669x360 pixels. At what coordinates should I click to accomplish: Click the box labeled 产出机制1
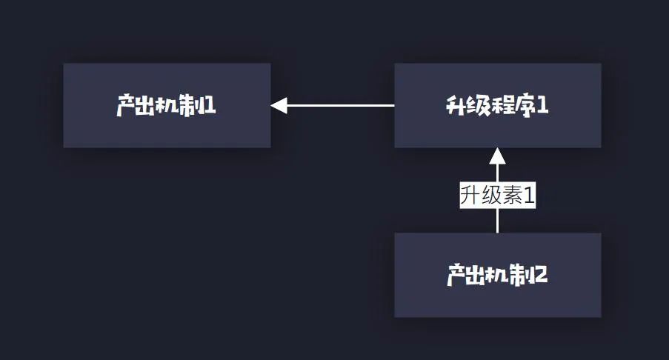[167, 105]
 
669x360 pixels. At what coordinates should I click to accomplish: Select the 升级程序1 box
[497, 105]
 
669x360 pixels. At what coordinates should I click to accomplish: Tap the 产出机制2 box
[497, 275]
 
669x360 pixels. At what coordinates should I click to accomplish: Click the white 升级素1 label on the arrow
[497, 196]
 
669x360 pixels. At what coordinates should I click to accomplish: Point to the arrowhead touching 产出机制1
[279, 105]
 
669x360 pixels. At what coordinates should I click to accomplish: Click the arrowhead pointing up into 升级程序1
[497, 156]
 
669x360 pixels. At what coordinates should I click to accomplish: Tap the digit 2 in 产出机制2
[541, 276]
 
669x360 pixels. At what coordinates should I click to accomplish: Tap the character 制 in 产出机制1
[190, 106]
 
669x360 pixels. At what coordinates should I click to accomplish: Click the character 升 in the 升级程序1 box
[455, 106]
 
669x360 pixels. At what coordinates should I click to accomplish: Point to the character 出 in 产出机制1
[147, 106]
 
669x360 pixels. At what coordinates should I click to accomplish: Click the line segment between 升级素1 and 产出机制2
[497, 221]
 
